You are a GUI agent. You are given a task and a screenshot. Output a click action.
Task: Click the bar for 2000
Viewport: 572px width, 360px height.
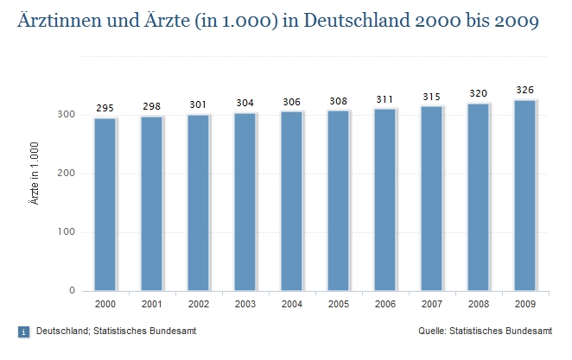105,205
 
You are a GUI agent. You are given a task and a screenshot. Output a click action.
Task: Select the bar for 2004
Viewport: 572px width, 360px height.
292,201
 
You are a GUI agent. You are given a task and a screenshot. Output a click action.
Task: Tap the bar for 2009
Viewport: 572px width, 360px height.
525,195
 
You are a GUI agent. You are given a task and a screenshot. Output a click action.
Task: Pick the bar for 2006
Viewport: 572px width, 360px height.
385,199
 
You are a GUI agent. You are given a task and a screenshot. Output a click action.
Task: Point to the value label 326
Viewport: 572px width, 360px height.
525,90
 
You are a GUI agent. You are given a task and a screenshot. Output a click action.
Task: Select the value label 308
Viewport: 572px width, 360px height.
339,101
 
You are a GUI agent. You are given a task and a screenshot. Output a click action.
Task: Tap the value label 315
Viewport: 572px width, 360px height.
432,97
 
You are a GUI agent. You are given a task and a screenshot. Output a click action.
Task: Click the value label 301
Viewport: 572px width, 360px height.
199,105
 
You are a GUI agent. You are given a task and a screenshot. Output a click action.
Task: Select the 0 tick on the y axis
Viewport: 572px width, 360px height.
78,291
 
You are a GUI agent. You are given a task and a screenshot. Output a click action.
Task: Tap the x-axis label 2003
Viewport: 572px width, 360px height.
245,305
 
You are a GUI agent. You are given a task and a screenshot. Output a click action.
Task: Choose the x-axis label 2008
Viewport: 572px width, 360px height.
479,305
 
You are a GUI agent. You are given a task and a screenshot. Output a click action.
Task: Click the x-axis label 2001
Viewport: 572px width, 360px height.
152,305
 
